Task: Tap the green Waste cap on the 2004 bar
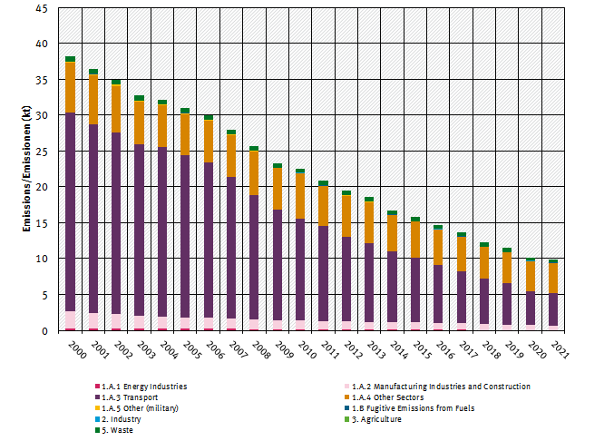pos(161,103)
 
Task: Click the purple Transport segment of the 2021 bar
pos(553,309)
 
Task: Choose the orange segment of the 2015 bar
pos(414,240)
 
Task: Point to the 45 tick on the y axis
pos(42,8)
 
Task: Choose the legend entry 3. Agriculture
pos(382,419)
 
